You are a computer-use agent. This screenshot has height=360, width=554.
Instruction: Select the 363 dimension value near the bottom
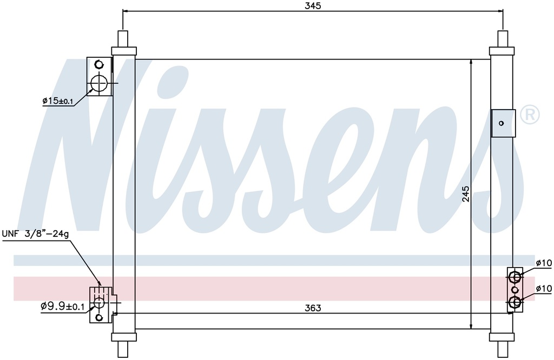click(313, 308)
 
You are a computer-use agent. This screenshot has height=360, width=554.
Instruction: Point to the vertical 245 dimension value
click(466, 194)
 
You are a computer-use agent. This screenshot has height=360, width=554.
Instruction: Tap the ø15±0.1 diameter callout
click(57, 101)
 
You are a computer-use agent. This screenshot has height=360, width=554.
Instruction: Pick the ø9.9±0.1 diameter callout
click(62, 306)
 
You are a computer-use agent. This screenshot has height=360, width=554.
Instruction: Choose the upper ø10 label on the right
click(544, 263)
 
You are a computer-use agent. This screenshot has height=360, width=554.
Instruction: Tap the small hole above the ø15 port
click(98, 64)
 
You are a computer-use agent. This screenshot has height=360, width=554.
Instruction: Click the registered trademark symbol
click(529, 115)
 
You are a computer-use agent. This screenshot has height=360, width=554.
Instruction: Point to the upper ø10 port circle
click(515, 278)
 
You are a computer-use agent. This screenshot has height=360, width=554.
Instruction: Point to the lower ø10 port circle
click(515, 302)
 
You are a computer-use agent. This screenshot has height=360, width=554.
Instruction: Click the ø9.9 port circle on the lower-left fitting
click(98, 304)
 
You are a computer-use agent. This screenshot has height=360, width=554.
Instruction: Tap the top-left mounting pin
click(123, 39)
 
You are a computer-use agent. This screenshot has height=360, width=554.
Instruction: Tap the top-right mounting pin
click(503, 39)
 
